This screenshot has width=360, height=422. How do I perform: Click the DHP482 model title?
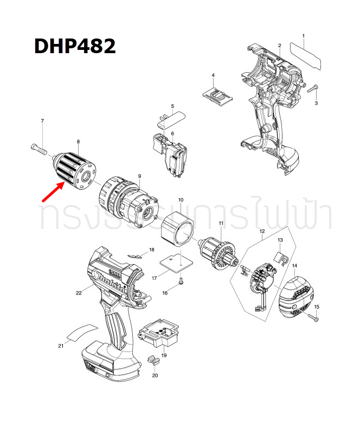click(x=75, y=46)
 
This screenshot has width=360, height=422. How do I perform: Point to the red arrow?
click(x=55, y=191)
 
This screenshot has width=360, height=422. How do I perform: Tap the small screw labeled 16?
click(x=181, y=282)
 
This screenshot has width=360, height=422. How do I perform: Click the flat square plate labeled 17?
click(x=177, y=263)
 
